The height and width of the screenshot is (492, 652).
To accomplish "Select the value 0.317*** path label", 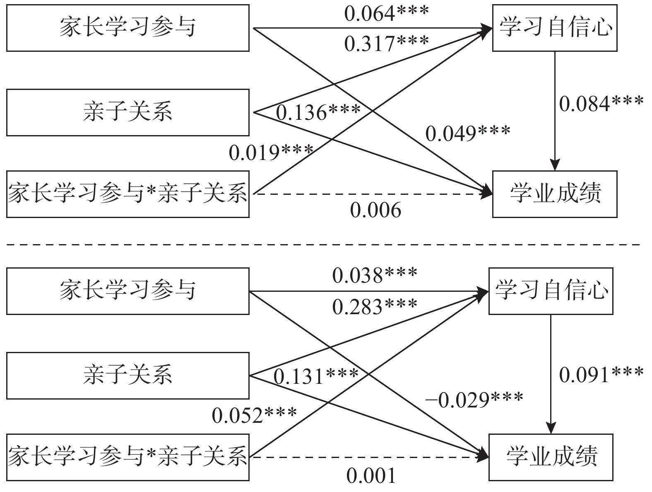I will (x=386, y=43).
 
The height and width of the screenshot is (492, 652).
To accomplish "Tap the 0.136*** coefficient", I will (x=318, y=112).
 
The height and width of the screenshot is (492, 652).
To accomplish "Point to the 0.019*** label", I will (x=271, y=153).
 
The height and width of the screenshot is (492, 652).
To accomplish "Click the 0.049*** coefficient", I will (x=468, y=133).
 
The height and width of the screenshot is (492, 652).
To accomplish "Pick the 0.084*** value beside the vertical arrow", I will (x=601, y=103).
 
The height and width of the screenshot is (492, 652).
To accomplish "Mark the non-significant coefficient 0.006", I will (x=375, y=210).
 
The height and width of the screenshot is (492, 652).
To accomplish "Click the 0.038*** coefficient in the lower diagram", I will (x=375, y=275).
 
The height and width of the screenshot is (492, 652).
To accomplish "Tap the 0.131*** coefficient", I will (x=316, y=376).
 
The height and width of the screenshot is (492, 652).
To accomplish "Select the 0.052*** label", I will (x=254, y=415).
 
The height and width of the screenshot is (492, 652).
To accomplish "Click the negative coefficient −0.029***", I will (x=474, y=400).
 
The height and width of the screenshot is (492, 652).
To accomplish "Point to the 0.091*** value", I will (x=601, y=374).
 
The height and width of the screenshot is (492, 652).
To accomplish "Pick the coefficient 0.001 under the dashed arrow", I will (x=371, y=476).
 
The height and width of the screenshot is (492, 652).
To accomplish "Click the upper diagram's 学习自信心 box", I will (x=554, y=28).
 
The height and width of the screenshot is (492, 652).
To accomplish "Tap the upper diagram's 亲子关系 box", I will (x=128, y=112).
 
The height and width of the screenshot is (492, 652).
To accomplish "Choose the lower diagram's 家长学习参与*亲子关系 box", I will (x=128, y=457).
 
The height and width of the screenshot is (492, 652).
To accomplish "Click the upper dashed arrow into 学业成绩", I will (x=373, y=194).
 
